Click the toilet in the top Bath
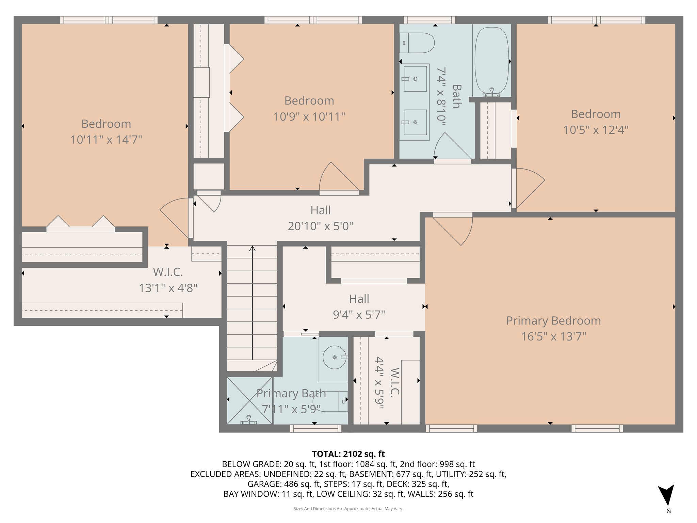click(x=418, y=43)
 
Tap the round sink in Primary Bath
click(x=335, y=357)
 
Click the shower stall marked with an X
click(x=250, y=400)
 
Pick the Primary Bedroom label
click(x=553, y=321)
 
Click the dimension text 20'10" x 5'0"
click(x=320, y=226)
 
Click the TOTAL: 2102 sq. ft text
click(x=348, y=454)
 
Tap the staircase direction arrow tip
click(x=252, y=249)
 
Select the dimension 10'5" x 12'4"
click(x=596, y=130)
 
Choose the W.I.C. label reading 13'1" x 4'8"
click(x=168, y=288)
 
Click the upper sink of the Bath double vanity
click(x=415, y=79)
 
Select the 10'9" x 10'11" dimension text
click(x=309, y=117)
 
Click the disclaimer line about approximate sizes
click(x=348, y=509)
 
